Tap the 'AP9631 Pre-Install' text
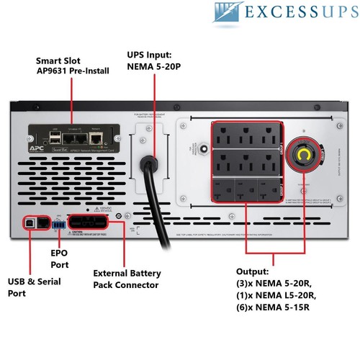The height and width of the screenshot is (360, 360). (x=76, y=71)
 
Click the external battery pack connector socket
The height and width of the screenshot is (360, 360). (x=94, y=223)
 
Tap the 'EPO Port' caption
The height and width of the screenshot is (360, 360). (x=59, y=258)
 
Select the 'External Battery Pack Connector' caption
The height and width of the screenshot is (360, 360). (x=127, y=279)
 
